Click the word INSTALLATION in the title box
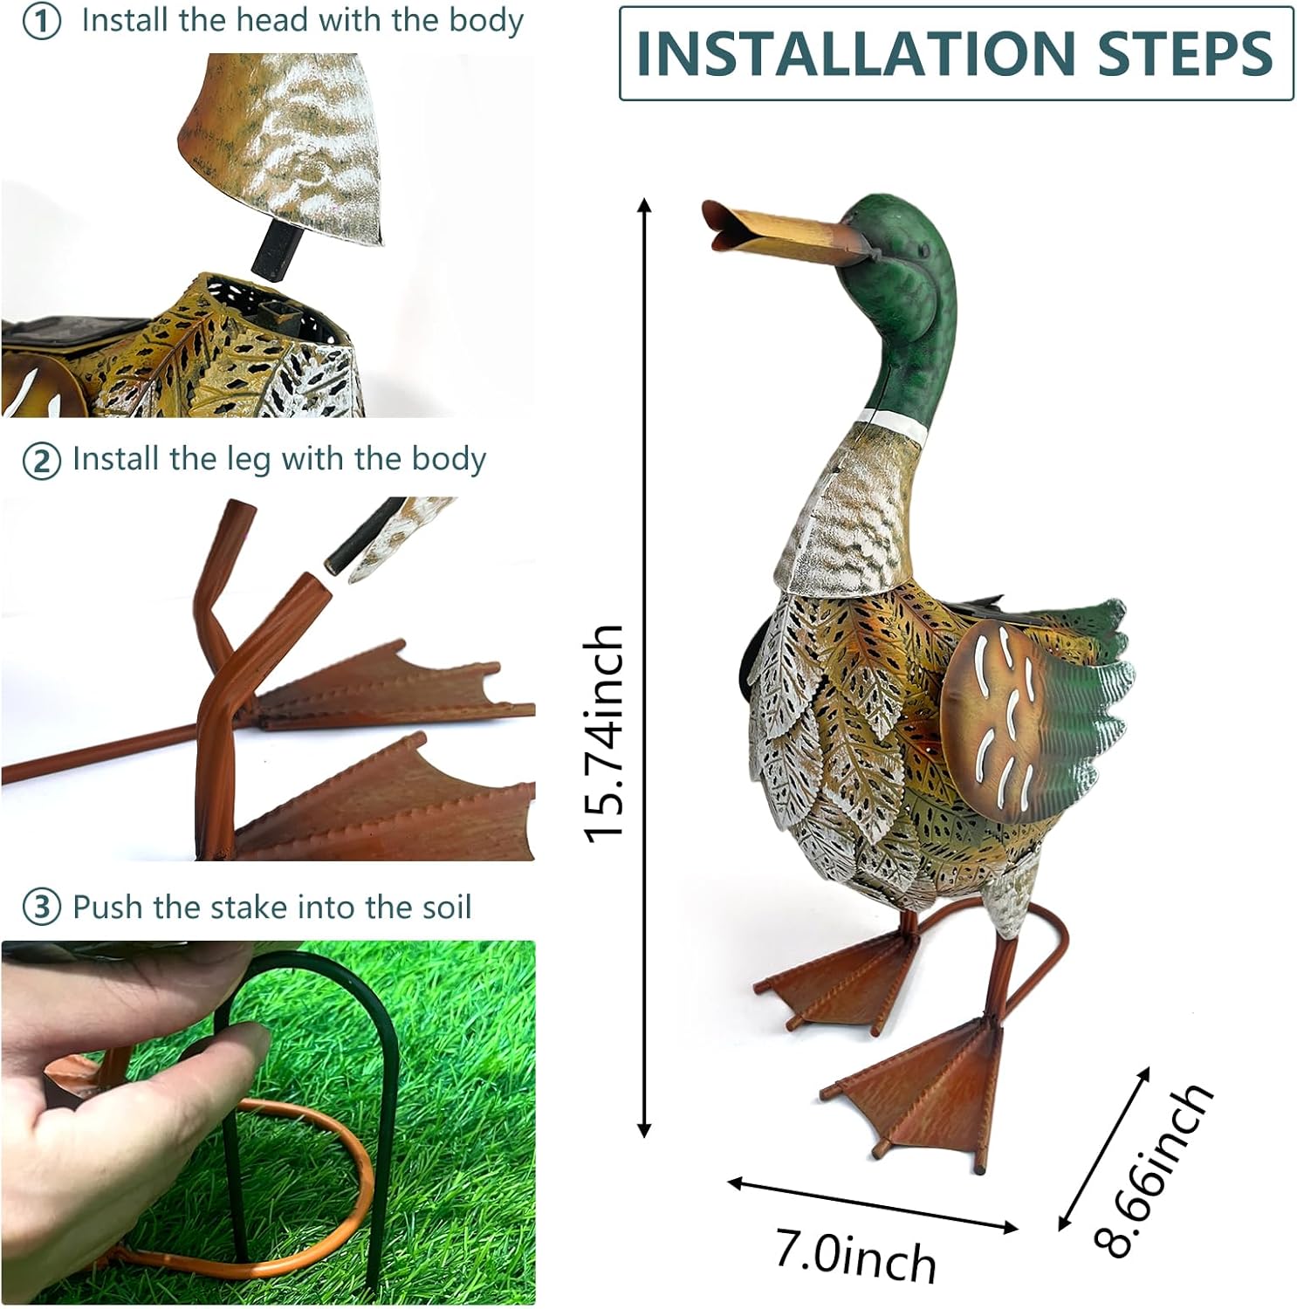pos(855,53)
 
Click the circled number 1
pos(41,22)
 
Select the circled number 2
pos(41,461)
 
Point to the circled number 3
pos(41,908)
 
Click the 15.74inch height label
pos(605,733)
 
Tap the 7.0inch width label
pos(855,1258)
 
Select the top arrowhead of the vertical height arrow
pos(644,206)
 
